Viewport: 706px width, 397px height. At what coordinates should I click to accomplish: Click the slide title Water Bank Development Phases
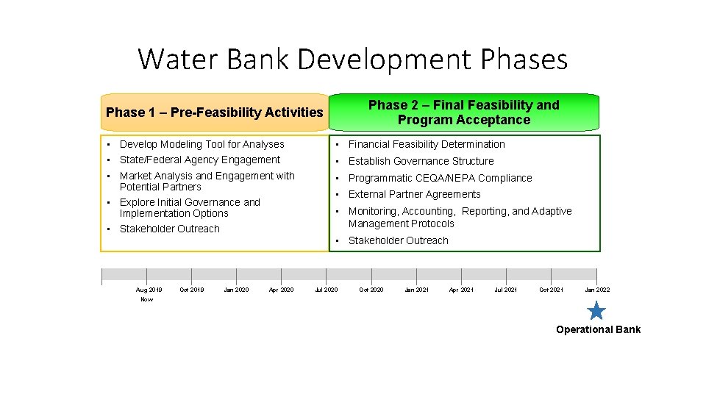[x=353, y=59]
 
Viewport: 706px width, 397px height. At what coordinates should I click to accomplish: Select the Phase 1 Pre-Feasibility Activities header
[x=214, y=112]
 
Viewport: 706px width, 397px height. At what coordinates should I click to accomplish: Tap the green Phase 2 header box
[x=463, y=112]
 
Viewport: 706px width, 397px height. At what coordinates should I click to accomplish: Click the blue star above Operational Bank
[x=596, y=310]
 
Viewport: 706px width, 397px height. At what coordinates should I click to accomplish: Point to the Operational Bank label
[x=598, y=329]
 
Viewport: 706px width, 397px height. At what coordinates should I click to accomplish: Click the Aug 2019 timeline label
[x=149, y=290]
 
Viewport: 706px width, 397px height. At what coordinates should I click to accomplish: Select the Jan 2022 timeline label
[x=596, y=290]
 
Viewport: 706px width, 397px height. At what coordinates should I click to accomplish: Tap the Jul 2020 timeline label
[x=326, y=290]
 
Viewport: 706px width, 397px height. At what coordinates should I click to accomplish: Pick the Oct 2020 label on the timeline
[x=371, y=290]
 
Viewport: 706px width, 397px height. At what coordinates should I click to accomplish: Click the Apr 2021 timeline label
[x=461, y=290]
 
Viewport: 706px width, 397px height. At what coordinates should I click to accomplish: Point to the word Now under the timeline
[x=147, y=299]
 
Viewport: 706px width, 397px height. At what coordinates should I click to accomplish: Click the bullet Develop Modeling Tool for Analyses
[x=202, y=144]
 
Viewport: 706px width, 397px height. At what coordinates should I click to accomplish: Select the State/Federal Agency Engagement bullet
[x=199, y=160]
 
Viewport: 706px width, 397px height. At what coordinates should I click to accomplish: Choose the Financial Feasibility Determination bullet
[x=427, y=144]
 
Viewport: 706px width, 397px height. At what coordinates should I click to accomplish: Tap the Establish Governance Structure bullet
[x=421, y=161]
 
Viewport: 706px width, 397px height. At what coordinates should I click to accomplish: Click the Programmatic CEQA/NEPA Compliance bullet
[x=440, y=178]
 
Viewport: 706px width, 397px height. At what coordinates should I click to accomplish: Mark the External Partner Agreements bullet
[x=414, y=194]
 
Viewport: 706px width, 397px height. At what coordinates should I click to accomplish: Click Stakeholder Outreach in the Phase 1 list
[x=169, y=229]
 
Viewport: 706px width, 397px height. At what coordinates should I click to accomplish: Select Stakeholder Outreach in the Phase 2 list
[x=398, y=240]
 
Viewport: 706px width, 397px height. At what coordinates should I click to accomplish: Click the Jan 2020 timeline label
[x=236, y=290]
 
